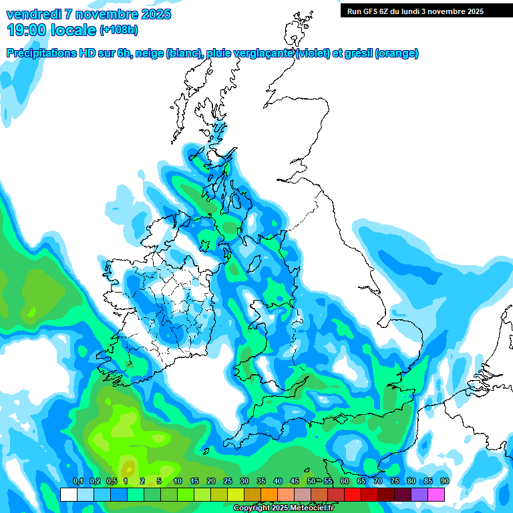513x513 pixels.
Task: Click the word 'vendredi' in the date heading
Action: coord(31,14)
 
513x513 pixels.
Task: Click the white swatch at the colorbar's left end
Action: coord(68,494)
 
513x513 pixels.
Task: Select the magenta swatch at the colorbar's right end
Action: coord(436,494)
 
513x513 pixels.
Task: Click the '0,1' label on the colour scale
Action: coord(77,482)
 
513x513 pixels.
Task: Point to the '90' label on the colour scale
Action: coord(444,482)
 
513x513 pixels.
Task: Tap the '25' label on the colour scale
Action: coord(228,482)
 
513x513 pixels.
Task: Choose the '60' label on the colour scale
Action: coord(345,482)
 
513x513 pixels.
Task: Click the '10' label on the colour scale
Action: coord(178,482)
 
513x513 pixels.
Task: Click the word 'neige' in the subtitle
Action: coord(149,53)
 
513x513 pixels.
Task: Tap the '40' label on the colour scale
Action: coord(278,482)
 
